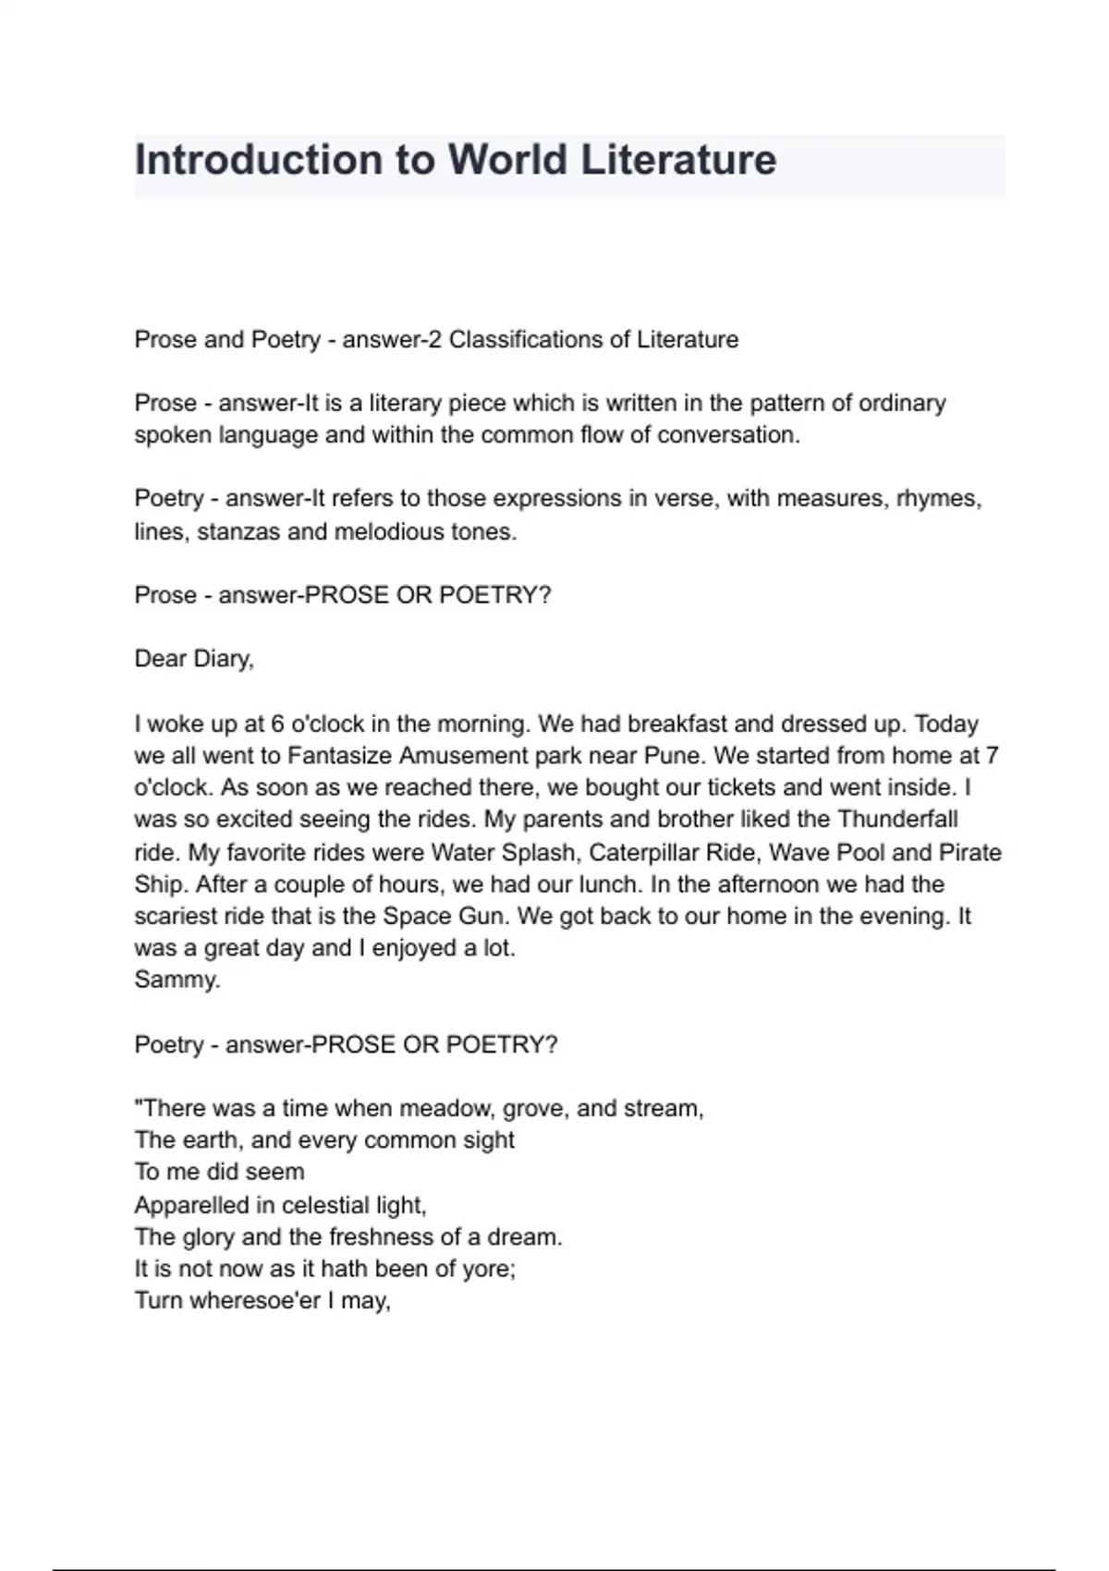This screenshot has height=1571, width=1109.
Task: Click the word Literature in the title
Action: point(678,160)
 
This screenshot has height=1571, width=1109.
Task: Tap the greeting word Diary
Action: point(223,659)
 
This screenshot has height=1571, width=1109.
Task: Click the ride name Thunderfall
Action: point(897,820)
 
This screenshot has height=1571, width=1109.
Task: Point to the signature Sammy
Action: point(177,980)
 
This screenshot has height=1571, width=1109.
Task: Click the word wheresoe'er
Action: point(253,1301)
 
